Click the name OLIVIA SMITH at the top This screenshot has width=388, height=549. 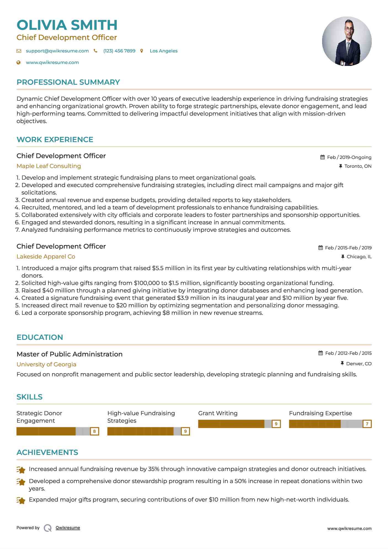click(x=67, y=25)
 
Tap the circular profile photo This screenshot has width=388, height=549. click(x=347, y=41)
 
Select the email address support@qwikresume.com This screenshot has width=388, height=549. click(x=57, y=51)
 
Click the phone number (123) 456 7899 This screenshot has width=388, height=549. click(x=119, y=51)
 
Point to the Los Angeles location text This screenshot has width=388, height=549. click(x=164, y=51)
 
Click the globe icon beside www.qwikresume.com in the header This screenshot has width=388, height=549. click(x=19, y=63)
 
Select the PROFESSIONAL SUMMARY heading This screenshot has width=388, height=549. click(x=68, y=82)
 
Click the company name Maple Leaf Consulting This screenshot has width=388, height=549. click(x=49, y=166)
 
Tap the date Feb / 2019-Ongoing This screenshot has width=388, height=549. click(x=349, y=157)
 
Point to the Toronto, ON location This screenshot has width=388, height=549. click(x=358, y=166)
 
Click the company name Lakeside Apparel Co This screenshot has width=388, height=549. click(x=46, y=257)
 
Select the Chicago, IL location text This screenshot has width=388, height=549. click(x=359, y=257)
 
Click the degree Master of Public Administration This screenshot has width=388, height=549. click(x=69, y=354)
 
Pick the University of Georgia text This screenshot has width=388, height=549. click(x=46, y=364)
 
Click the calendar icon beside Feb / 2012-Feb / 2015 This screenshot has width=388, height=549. click(x=320, y=353)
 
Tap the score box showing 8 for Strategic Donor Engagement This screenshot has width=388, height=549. click(x=94, y=431)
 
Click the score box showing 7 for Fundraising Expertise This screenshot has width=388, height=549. click(x=367, y=424)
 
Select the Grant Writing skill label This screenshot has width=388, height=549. click(x=218, y=413)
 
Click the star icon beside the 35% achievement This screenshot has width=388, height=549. click(x=21, y=470)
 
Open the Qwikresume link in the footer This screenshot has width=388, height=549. click(x=68, y=528)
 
